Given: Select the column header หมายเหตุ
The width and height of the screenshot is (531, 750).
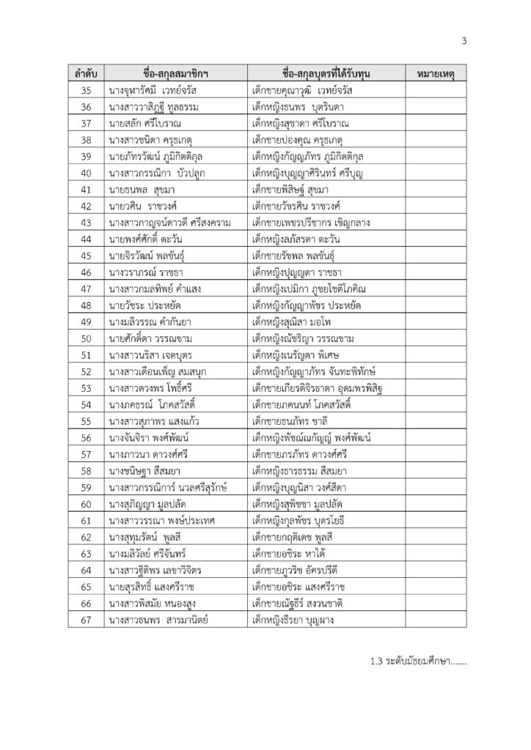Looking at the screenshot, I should click(437, 74).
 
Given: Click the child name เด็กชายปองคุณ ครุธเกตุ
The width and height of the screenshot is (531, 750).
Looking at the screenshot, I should click(292, 140).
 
